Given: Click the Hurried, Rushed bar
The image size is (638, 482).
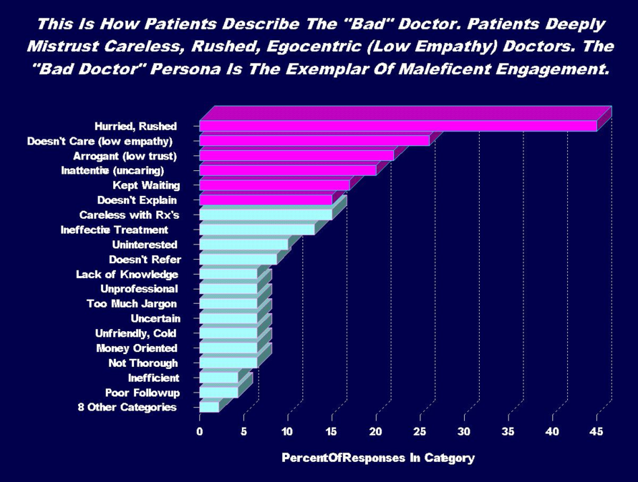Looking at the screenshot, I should (x=398, y=126).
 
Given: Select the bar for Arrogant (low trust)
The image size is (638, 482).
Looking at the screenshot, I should (x=296, y=155).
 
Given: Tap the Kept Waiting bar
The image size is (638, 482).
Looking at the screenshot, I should (x=274, y=185).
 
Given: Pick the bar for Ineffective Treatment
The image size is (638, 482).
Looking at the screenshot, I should (x=257, y=230).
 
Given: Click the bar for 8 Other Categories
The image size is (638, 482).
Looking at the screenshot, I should (x=209, y=407).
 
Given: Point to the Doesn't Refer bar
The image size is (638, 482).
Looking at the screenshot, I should (x=238, y=259).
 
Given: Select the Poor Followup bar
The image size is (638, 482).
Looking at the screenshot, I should (x=218, y=392).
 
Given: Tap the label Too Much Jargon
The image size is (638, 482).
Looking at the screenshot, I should (x=136, y=303).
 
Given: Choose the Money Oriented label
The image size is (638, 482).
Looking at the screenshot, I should (x=137, y=348).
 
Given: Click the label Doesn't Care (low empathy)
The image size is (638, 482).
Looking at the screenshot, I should (x=101, y=140).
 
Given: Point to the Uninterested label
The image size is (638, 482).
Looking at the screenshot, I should (x=145, y=245).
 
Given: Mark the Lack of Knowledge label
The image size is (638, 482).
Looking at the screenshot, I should (x=127, y=274).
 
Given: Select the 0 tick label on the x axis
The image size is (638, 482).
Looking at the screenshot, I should (x=200, y=431).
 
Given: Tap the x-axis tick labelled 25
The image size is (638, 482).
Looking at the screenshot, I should (x=420, y=431).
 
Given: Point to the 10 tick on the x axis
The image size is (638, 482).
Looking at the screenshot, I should (x=287, y=431).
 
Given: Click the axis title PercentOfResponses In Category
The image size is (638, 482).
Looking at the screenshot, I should (x=377, y=458).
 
